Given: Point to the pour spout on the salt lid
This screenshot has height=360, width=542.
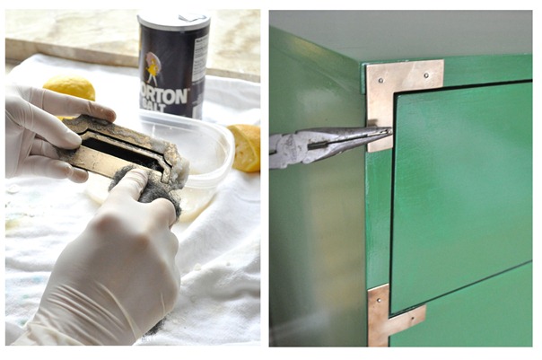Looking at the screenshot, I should click(194, 15).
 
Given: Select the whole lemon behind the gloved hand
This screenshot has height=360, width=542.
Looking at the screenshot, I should click(69, 90).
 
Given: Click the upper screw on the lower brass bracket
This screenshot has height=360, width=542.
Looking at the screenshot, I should click(375, 297).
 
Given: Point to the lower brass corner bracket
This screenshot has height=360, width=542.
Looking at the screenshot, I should click(386, 314).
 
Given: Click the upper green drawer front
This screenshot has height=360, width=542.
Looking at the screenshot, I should click(462, 189).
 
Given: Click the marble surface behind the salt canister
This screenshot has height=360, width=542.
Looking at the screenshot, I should click(72, 36).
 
